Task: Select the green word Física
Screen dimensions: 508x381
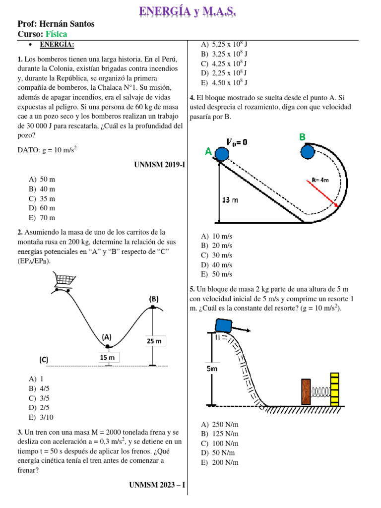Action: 57,34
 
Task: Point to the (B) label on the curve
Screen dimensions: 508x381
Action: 154,299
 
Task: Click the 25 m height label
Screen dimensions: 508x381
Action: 154,341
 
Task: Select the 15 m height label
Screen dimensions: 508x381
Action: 107,357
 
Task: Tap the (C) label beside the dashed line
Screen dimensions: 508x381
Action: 44,359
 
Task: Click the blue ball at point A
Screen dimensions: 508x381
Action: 221,154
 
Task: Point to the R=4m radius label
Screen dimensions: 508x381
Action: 319,180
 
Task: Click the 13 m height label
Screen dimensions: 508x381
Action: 229,200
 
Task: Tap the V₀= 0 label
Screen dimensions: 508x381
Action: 237,142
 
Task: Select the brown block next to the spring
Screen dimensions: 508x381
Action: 306,392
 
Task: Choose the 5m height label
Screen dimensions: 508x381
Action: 211,369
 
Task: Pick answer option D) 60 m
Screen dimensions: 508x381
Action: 42,208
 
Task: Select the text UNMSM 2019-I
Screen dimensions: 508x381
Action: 159,164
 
